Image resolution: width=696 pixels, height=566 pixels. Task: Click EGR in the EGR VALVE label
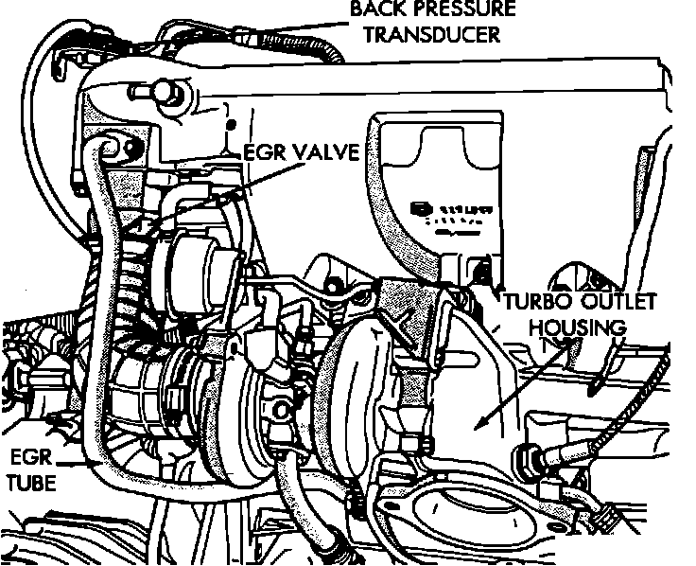tap(264, 152)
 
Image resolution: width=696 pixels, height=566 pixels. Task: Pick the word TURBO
tap(534, 304)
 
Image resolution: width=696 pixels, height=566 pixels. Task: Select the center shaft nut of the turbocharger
tap(280, 409)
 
